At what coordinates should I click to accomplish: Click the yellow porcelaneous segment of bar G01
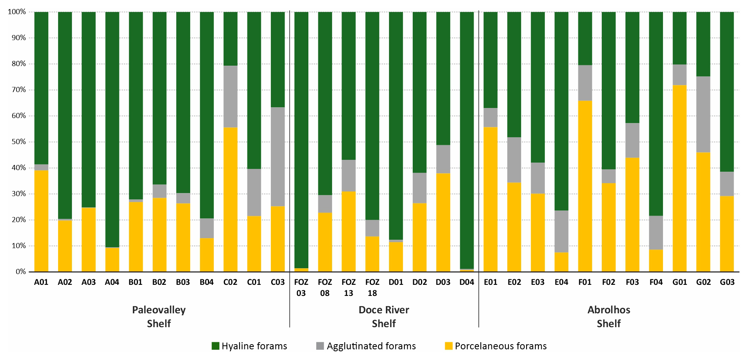(680, 178)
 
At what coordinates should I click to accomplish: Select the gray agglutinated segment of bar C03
(278, 157)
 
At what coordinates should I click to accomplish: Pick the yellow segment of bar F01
(585, 186)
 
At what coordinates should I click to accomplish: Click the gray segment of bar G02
(703, 114)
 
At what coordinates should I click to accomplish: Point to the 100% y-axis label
(17, 12)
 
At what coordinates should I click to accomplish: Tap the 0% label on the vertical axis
(21, 272)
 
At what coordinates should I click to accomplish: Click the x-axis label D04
(467, 282)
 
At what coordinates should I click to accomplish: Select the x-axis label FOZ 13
(349, 288)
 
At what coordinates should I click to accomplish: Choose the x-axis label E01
(491, 282)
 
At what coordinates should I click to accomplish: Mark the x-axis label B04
(207, 282)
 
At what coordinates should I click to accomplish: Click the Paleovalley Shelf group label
(159, 316)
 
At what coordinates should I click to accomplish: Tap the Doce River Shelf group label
(384, 316)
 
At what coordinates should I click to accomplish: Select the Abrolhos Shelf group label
(609, 316)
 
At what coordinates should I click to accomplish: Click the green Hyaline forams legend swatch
(215, 346)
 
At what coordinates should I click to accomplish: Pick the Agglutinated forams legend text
(371, 346)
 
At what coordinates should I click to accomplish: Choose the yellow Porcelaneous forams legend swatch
(449, 346)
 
